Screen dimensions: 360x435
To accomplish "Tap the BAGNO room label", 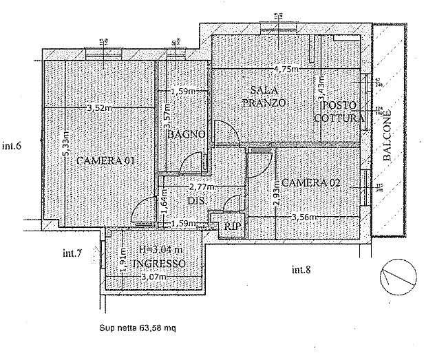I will [186, 134].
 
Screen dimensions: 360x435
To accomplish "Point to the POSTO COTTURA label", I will [339, 112].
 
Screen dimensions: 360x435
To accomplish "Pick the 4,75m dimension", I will [286, 69].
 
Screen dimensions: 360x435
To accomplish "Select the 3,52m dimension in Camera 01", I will [99, 107].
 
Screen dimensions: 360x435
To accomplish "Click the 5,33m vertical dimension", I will [65, 147].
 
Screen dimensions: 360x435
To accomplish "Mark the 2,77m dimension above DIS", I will [200, 187].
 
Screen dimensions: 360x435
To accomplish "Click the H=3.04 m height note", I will [160, 251].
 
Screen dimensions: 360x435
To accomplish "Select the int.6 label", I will [13, 145].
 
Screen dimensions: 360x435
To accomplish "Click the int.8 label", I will [301, 268].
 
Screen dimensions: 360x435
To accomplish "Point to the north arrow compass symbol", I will [399, 275].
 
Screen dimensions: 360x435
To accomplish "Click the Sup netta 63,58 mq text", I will [138, 328].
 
